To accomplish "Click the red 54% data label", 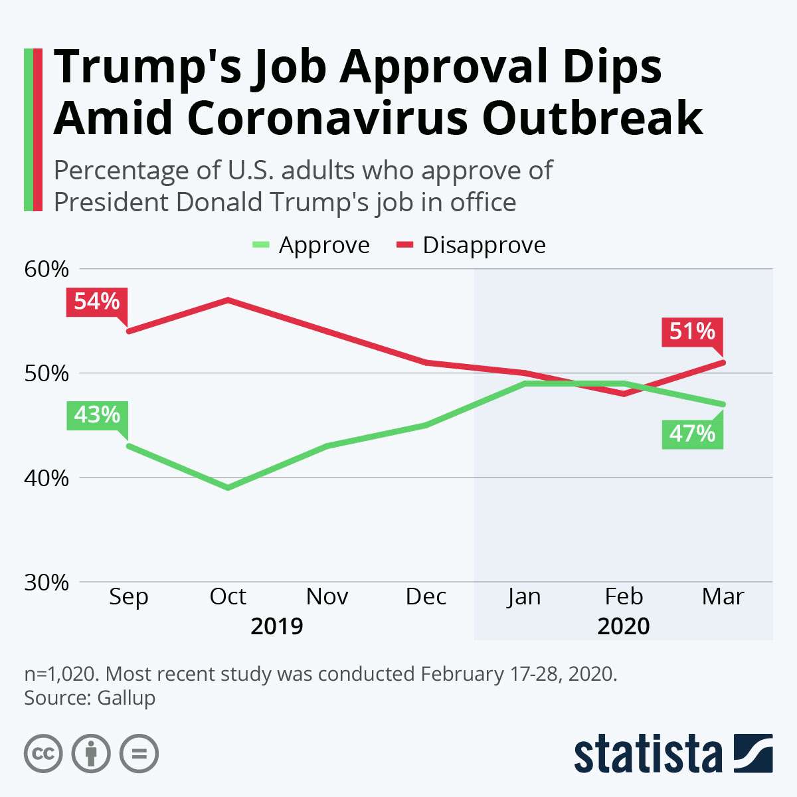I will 97,302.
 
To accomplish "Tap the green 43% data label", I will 97,415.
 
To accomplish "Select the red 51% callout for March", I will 692,331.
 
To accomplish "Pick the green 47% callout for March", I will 692,434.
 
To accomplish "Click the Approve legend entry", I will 311,245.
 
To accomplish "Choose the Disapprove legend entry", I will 472,245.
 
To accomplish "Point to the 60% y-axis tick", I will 46,269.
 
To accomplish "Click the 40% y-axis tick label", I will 46,478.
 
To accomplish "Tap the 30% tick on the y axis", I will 46,582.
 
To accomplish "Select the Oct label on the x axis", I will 228,596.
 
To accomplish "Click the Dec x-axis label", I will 426,596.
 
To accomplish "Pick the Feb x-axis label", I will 624,596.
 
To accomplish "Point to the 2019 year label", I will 277,626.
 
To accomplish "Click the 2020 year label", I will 624,626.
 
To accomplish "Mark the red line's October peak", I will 228,300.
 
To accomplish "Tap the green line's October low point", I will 228,487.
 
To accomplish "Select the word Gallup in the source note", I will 126,698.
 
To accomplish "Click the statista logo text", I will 648,754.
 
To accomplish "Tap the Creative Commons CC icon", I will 43,754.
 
